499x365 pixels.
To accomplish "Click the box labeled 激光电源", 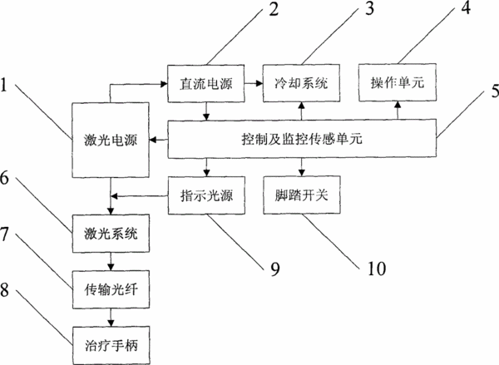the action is click(111, 140).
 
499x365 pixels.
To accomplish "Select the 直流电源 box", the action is click(206, 83).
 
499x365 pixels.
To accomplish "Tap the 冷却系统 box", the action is click(301, 83).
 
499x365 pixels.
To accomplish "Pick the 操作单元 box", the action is click(398, 83).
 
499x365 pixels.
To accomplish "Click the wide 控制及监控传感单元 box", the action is click(302, 139).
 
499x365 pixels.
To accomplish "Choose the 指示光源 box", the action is click(206, 195).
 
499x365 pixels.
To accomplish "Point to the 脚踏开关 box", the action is click(302, 195).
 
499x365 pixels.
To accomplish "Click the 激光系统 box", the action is click(111, 234).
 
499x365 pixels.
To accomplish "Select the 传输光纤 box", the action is click(111, 289).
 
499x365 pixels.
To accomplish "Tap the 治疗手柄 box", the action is click(111, 346).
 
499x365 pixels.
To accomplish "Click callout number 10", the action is click(377, 269).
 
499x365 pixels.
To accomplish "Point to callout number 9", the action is click(275, 269).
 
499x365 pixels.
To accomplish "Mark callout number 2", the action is click(274, 9).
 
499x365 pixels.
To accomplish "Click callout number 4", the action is click(466, 7).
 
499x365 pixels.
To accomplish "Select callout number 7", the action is click(4, 234).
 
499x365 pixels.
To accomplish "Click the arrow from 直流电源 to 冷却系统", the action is click(254, 83).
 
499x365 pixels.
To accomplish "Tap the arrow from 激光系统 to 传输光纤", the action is click(111, 262).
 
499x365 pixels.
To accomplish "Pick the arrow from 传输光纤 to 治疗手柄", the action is click(111, 318).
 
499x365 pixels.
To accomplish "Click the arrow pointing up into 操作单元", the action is click(398, 111).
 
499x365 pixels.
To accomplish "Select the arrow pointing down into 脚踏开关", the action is click(302, 167).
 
